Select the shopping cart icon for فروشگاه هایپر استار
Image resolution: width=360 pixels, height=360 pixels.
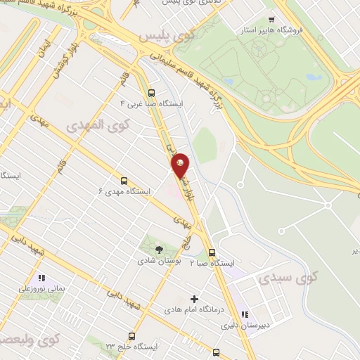pos(271,20)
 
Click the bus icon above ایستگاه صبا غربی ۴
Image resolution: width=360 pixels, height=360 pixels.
pos(151,92)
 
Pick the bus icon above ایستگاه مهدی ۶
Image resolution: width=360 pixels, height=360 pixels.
pos(124,180)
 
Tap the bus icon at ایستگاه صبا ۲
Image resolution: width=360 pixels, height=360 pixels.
pos(212,253)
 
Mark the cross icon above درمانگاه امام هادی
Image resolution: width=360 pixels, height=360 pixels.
pos(195,299)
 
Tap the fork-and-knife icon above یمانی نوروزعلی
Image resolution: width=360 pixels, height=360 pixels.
pos(41,278)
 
